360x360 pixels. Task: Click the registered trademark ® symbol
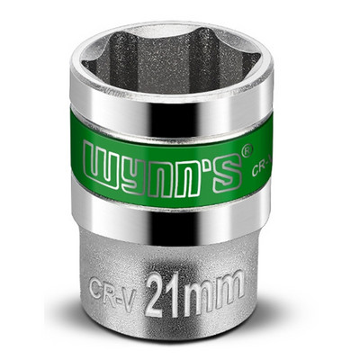point(247,149)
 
